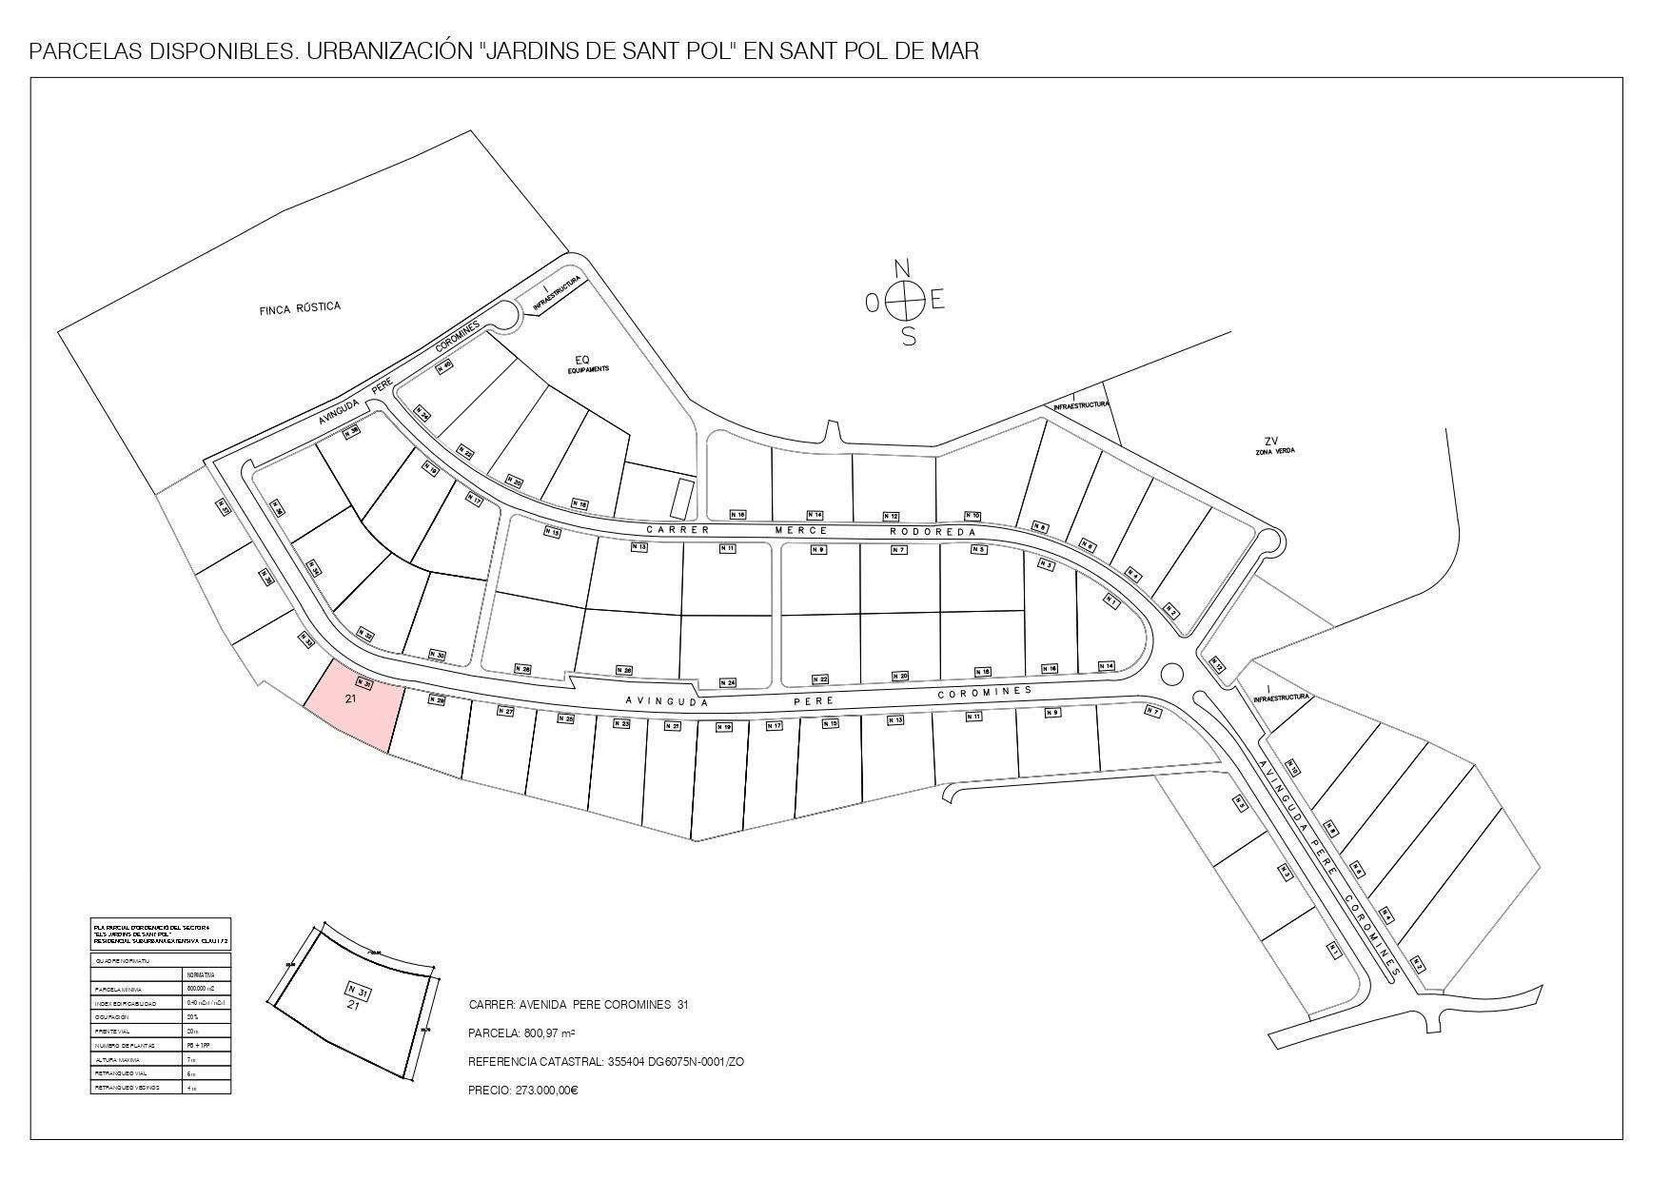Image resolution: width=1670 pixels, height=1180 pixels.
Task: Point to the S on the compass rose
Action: coord(909,337)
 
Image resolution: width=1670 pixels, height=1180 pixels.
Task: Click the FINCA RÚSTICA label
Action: coord(300,308)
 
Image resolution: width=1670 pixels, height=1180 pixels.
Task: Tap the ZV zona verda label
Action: coord(1270,444)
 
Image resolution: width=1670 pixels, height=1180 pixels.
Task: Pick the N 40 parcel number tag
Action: coord(443,364)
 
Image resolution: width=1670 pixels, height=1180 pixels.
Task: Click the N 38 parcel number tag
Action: coord(351,431)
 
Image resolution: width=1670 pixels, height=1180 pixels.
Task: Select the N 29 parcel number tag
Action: coord(436,700)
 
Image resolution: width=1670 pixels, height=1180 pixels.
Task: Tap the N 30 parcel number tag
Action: coord(437,655)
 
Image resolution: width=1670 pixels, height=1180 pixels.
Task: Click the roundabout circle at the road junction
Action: coord(1172,675)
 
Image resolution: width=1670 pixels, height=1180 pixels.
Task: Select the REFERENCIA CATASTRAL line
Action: coord(606,1062)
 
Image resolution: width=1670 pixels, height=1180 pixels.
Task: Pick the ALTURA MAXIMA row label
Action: coord(118,1059)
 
